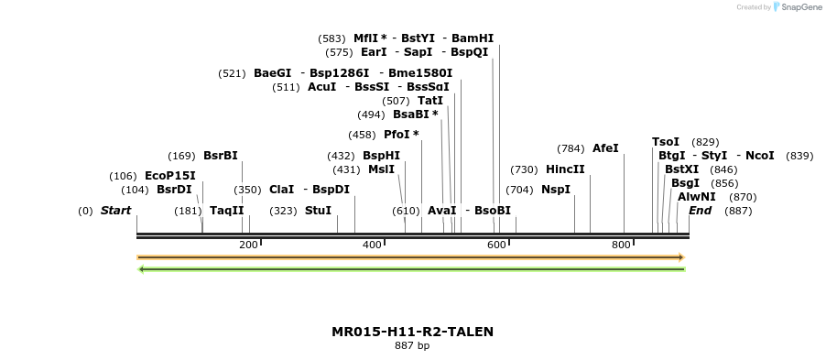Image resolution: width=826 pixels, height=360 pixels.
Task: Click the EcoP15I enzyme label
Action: [169, 176]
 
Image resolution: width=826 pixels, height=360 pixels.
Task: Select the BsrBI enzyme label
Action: [220, 156]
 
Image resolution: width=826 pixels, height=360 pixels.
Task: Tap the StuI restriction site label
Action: [318, 211]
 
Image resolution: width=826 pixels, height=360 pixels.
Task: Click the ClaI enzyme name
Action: [281, 190]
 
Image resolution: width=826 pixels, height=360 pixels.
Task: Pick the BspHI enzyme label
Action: [381, 156]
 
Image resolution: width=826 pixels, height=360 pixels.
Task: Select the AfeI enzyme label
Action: [605, 148]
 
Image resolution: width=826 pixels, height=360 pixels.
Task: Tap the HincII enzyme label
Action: [565, 169]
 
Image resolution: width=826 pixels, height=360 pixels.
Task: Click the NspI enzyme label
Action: [556, 190]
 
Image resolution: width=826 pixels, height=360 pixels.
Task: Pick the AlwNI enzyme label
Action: [697, 197]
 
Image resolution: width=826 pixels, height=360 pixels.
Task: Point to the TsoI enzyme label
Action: [666, 142]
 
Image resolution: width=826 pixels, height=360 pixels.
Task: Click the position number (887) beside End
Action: [738, 211]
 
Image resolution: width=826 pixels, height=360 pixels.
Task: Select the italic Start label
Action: [115, 211]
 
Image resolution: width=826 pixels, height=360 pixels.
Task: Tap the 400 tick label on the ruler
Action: [372, 245]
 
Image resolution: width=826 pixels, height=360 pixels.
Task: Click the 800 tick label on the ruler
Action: [621, 245]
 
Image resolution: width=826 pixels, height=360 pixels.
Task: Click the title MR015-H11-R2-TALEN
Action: [412, 332]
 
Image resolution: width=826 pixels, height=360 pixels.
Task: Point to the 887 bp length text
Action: [412, 346]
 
